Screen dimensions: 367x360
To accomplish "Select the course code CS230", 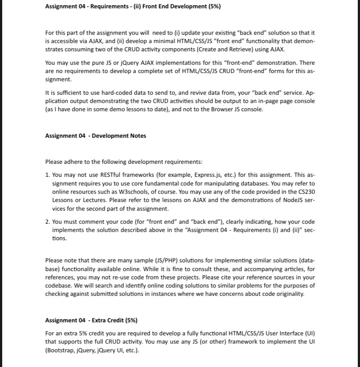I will click(306, 191).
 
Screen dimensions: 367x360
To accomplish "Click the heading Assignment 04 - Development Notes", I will click(96, 136).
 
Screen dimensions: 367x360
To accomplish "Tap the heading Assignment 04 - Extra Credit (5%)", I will click(91, 321).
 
